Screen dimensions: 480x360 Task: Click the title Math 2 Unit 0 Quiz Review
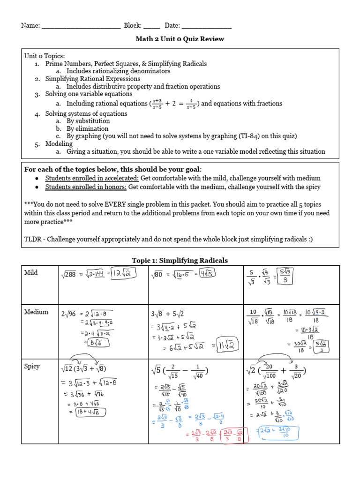pos(180,39)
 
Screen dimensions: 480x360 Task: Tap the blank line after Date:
pos(206,26)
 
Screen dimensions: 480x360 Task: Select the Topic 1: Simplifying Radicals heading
pos(180,261)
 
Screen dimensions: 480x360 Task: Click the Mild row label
pos(31,273)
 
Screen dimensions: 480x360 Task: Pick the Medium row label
pos(37,312)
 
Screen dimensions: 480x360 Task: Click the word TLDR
pos(33,239)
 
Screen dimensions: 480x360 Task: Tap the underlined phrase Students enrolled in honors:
pos(86,187)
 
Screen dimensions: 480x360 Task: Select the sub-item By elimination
pos(87,128)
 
